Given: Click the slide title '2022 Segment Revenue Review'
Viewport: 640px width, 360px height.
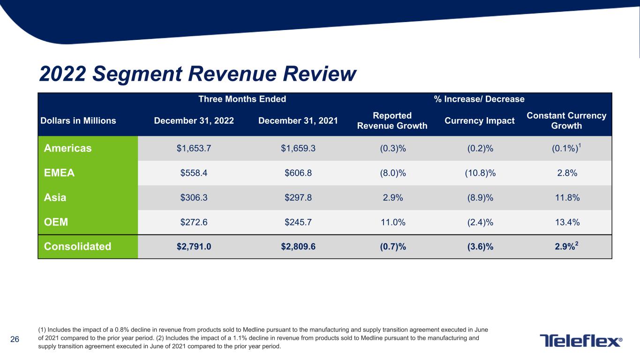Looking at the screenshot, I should pos(198,74).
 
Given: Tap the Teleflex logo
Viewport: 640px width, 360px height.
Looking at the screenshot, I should pos(581,341).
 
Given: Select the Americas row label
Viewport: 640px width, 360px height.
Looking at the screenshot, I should pos(68,148).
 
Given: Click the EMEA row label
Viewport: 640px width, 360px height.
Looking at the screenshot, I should pos(59,173).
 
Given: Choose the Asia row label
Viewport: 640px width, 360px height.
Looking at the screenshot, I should pos(55,197).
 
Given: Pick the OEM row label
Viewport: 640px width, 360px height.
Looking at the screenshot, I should pos(56,222).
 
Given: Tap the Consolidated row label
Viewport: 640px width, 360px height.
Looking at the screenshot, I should pos(77,247).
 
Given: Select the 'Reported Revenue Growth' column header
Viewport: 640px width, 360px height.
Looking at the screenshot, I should pos(392,120).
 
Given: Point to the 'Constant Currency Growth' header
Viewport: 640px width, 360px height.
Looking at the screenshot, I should pos(566,120).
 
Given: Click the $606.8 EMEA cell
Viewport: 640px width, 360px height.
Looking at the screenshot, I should pos(298,173).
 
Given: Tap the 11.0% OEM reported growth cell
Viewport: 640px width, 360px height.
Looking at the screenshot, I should pos(392,222).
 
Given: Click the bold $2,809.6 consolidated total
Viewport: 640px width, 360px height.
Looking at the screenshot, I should pos(298,247).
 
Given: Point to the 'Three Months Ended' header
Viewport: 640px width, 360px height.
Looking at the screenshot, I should pos(242,99).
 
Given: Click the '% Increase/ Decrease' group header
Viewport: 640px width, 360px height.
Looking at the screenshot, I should pos(479,99).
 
